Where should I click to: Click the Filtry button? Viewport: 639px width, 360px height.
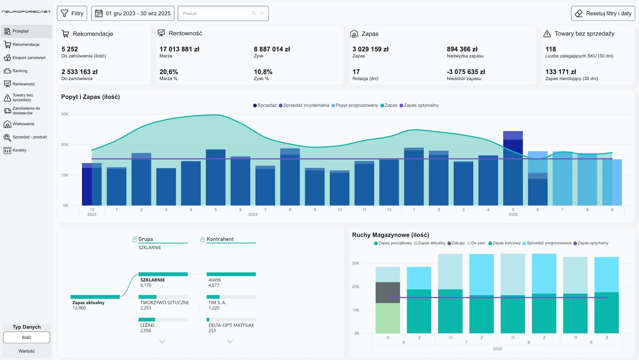pyautogui.click(x=72, y=13)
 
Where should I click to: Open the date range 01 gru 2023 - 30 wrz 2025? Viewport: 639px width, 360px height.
pyautogui.click(x=133, y=13)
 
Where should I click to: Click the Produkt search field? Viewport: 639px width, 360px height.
pyautogui.click(x=216, y=13)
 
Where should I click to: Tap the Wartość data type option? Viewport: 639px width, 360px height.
pyautogui.click(x=27, y=351)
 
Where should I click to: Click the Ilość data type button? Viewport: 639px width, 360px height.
pyautogui.click(x=27, y=337)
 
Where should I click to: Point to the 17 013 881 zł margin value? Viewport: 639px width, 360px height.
pyautogui.click(x=179, y=49)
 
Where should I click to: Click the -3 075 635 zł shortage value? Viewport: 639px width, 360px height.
pyautogui.click(x=466, y=72)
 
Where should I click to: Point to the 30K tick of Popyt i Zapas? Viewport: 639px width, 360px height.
pyautogui.click(x=65, y=114)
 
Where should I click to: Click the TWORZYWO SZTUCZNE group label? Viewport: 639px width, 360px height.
pyautogui.click(x=164, y=303)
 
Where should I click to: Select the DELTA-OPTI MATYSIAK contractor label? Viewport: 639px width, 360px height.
pyautogui.click(x=231, y=325)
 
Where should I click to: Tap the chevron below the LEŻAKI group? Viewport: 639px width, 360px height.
pyautogui.click(x=162, y=341)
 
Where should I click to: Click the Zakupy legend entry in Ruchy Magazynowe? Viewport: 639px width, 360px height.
pyautogui.click(x=456, y=243)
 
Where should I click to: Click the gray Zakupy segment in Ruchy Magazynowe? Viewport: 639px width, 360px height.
pyautogui.click(x=388, y=293)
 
